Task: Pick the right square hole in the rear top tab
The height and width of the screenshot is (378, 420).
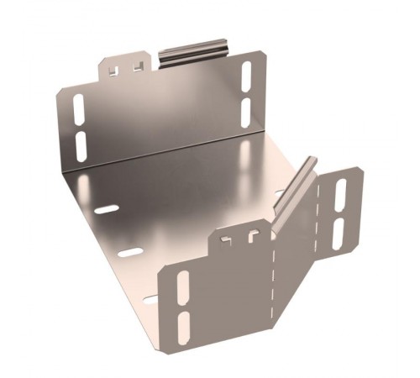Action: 136,65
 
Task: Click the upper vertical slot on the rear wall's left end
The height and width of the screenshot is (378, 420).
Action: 79,109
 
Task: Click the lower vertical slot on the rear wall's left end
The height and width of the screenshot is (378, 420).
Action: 81,144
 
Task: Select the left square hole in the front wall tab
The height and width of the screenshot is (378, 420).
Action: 227,242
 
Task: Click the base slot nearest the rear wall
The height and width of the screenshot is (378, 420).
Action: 105,208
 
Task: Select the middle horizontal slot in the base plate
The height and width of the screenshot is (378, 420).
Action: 130,252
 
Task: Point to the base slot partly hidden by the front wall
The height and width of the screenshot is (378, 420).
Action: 152,297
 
